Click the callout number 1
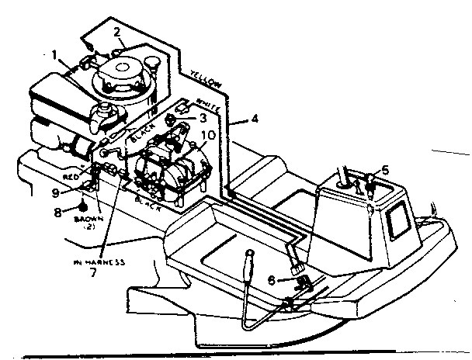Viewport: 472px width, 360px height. point(55,55)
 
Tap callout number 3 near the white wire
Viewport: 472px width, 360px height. point(202,119)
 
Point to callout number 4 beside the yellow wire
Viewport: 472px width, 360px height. point(254,119)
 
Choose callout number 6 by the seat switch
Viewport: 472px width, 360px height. point(272,280)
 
